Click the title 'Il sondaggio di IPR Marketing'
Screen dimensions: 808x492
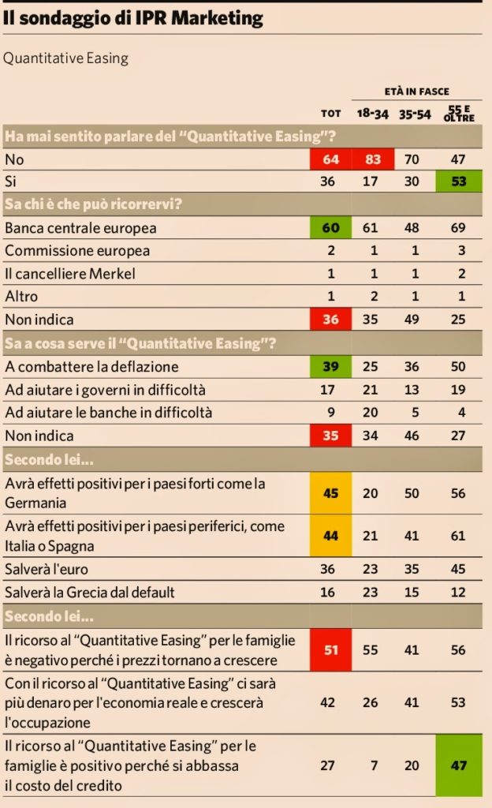pyautogui.click(x=132, y=18)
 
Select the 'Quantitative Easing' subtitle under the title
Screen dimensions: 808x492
pyautogui.click(x=65, y=58)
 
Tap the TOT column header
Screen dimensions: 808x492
pyautogui.click(x=331, y=114)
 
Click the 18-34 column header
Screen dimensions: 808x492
pyautogui.click(x=373, y=114)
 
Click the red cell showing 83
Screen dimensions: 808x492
pyautogui.click(x=373, y=159)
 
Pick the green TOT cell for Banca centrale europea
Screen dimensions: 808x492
pyautogui.click(x=331, y=228)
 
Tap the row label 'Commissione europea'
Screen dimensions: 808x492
pyautogui.click(x=76, y=251)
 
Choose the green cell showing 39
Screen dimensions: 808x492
pyautogui.click(x=331, y=367)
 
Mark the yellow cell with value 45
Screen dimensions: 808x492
pyautogui.click(x=331, y=492)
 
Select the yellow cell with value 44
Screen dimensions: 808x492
pyautogui.click(x=331, y=536)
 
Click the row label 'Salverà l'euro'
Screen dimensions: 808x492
pyautogui.click(x=47, y=569)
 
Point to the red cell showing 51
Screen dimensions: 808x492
pyautogui.click(x=331, y=649)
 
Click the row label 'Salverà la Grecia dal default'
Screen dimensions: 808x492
pyautogui.click(x=89, y=592)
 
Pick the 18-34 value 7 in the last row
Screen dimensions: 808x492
pyautogui.click(x=373, y=765)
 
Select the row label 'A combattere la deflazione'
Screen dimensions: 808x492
pyautogui.click(x=91, y=367)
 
